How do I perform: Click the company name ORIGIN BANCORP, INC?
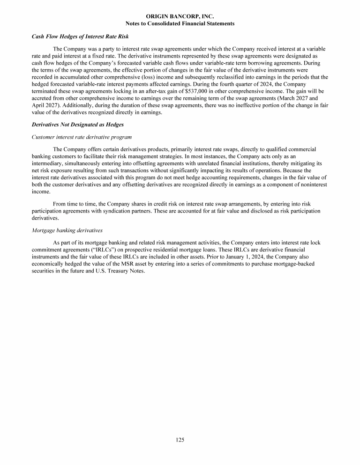180,16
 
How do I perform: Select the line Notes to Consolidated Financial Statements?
180,23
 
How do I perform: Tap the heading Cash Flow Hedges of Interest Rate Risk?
80,37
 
